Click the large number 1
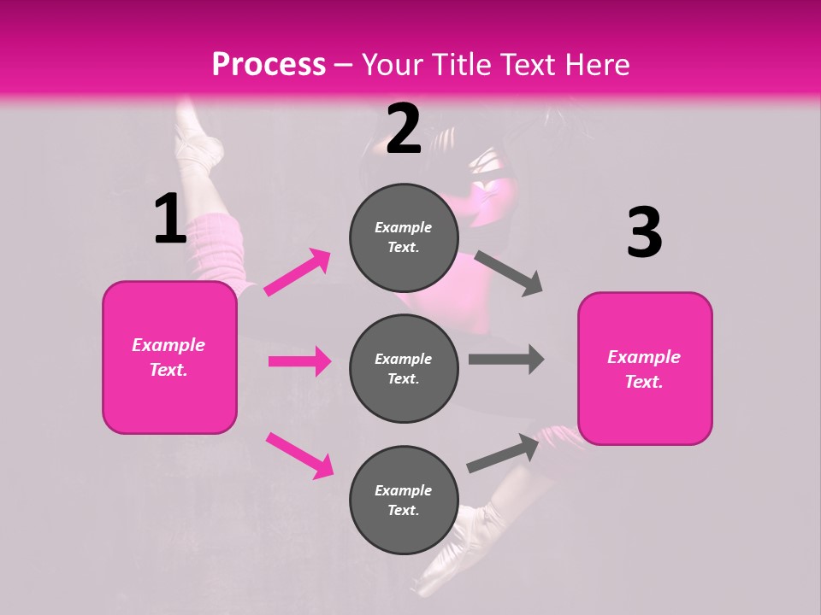(x=170, y=219)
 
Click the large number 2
(x=404, y=129)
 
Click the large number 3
(x=644, y=232)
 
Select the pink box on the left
(x=169, y=357)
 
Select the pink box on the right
(x=645, y=368)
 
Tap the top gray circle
(x=404, y=237)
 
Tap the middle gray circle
(x=404, y=368)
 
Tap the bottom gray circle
(x=404, y=500)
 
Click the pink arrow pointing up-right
(x=298, y=272)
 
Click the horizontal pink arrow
(x=299, y=361)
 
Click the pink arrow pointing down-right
(x=299, y=455)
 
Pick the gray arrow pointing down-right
(x=509, y=273)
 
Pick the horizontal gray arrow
(x=506, y=360)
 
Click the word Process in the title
(x=269, y=64)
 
